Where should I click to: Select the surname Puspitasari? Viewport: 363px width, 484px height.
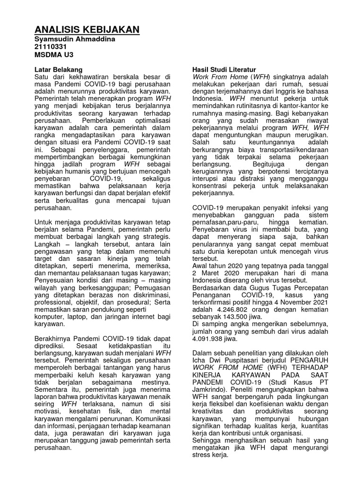point(253,358)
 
